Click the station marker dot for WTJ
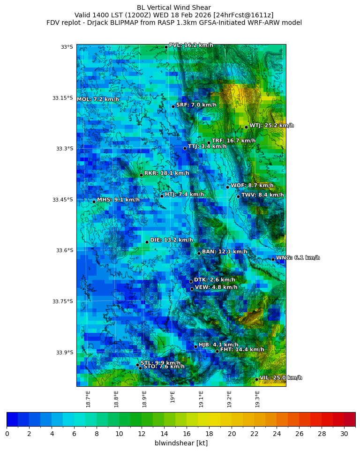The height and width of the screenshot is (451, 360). [246, 127]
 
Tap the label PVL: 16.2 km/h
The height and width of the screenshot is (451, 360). [191, 45]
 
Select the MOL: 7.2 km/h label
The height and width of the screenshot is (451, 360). [98, 99]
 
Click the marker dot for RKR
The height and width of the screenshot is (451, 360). [141, 175]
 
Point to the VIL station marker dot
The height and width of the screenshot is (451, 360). [256, 379]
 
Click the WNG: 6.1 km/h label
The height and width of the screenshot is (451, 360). [298, 258]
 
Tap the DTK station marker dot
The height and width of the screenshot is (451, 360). [191, 281]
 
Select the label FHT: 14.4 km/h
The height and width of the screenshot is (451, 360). [242, 350]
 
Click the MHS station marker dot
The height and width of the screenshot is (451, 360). [94, 202]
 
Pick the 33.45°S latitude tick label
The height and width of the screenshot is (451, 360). [62, 200]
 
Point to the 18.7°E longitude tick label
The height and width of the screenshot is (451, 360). [88, 399]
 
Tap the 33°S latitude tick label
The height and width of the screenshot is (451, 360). [67, 47]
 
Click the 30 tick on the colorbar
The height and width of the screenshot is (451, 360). [344, 434]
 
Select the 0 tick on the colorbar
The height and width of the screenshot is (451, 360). [7, 434]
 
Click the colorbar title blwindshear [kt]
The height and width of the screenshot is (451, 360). [181, 443]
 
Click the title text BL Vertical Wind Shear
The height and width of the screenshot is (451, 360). [174, 8]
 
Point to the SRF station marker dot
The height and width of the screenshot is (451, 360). [173, 106]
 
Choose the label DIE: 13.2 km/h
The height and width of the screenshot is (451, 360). [172, 240]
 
